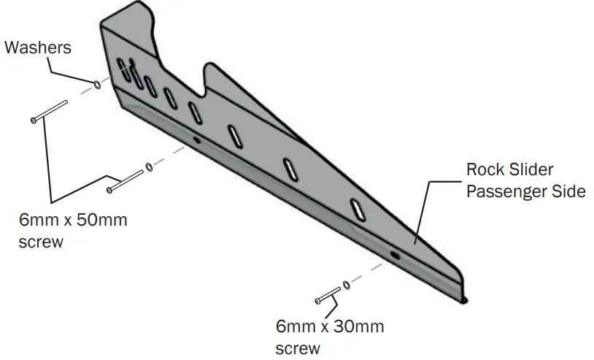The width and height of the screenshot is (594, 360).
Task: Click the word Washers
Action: tap(38, 48)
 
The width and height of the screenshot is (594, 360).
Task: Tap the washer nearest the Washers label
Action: tap(98, 83)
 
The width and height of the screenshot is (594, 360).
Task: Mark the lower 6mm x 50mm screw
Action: tap(125, 180)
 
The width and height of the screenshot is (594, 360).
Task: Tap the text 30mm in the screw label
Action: tap(358, 326)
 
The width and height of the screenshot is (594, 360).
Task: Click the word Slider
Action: tap(533, 170)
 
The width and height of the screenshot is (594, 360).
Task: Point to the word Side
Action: tap(568, 192)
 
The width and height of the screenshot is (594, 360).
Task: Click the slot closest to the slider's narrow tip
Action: tap(358, 208)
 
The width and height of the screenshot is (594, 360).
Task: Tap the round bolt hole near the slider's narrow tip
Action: tap(394, 256)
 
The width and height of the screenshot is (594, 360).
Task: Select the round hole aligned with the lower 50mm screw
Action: tap(195, 139)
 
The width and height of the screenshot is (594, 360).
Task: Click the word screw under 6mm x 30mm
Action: tap(298, 348)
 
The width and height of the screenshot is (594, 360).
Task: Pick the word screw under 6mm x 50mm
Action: tap(42, 242)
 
